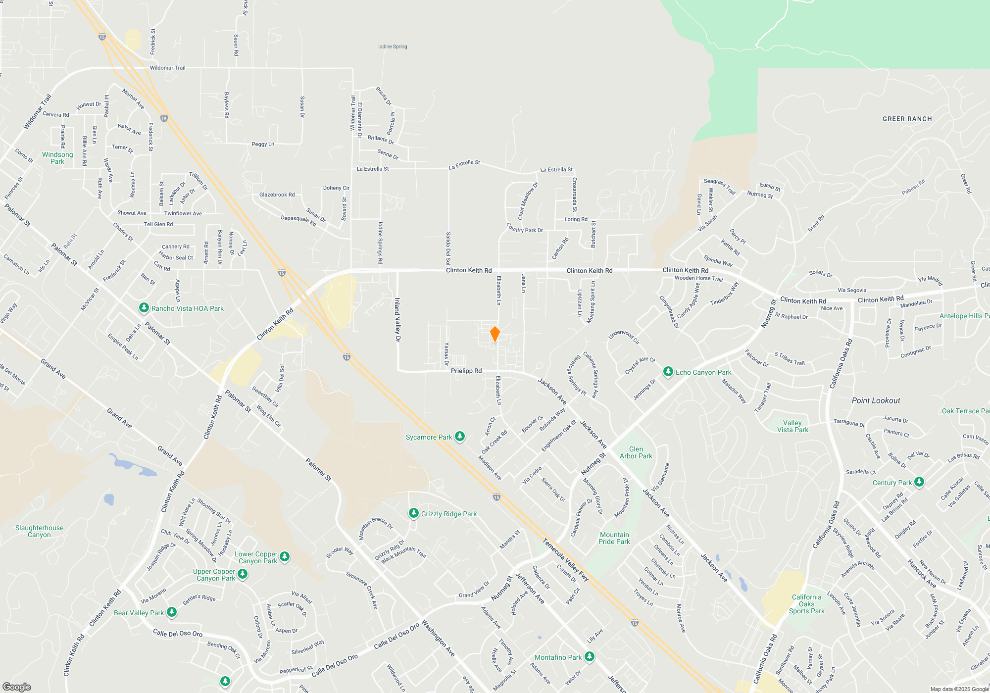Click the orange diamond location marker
[x=495, y=334]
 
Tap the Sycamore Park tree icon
[x=460, y=437]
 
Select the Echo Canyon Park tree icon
[x=668, y=372]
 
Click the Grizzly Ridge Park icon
[x=413, y=513]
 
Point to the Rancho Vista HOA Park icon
[x=144, y=308]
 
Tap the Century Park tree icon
[x=919, y=482]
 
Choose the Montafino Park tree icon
[x=589, y=657]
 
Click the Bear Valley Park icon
[x=171, y=612]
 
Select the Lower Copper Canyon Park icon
[x=284, y=557]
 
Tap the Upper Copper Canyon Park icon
[x=242, y=574]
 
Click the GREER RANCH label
[x=907, y=119]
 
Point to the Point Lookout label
[x=876, y=400]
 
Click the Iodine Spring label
[x=393, y=47]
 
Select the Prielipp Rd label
[x=466, y=371]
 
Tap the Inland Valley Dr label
[x=397, y=320]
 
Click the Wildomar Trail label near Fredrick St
[x=167, y=68]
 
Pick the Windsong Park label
[x=57, y=158]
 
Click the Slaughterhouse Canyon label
[x=39, y=531]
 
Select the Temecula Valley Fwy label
[x=565, y=559]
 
